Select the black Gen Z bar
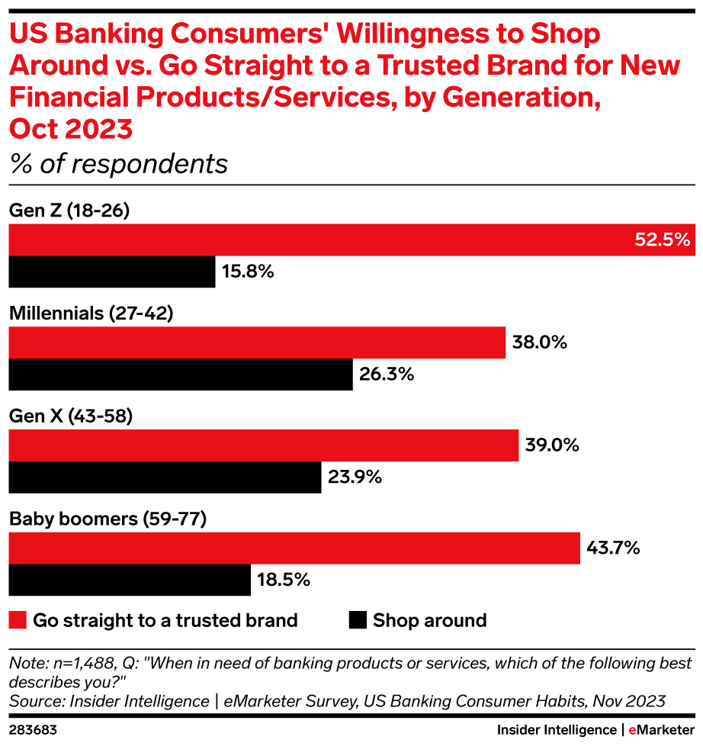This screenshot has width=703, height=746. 112,272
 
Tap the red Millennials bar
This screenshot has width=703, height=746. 257,342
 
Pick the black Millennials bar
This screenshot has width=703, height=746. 181,375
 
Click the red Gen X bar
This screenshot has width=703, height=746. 264,445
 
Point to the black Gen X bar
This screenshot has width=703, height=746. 165,478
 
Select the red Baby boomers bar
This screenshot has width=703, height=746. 294,548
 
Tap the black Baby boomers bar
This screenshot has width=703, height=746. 130,580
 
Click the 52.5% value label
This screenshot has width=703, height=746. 662,240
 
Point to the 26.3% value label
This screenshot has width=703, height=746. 386,375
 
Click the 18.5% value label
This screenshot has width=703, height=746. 283,580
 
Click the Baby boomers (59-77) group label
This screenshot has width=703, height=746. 108,519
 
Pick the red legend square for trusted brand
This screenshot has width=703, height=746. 18,620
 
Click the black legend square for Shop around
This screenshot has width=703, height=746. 357,620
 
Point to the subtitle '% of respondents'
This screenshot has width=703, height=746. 118,164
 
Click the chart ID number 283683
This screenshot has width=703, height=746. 32,730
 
